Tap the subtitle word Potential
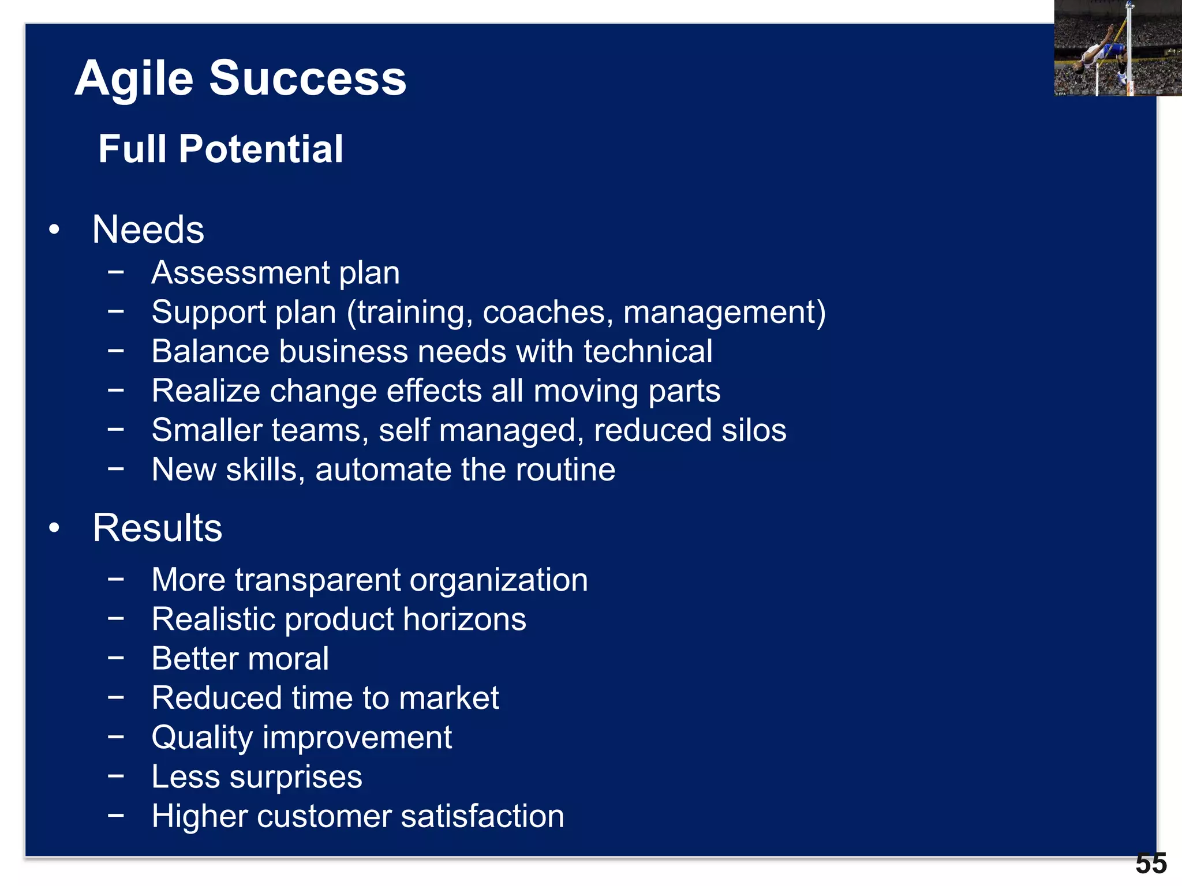point(261,149)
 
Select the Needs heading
point(148,230)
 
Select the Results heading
point(157,528)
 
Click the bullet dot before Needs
point(54,230)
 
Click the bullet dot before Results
point(54,528)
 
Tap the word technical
point(648,351)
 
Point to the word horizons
point(464,619)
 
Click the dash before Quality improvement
point(116,737)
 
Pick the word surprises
point(296,777)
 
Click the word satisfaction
point(482,816)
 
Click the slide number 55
point(1151,864)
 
